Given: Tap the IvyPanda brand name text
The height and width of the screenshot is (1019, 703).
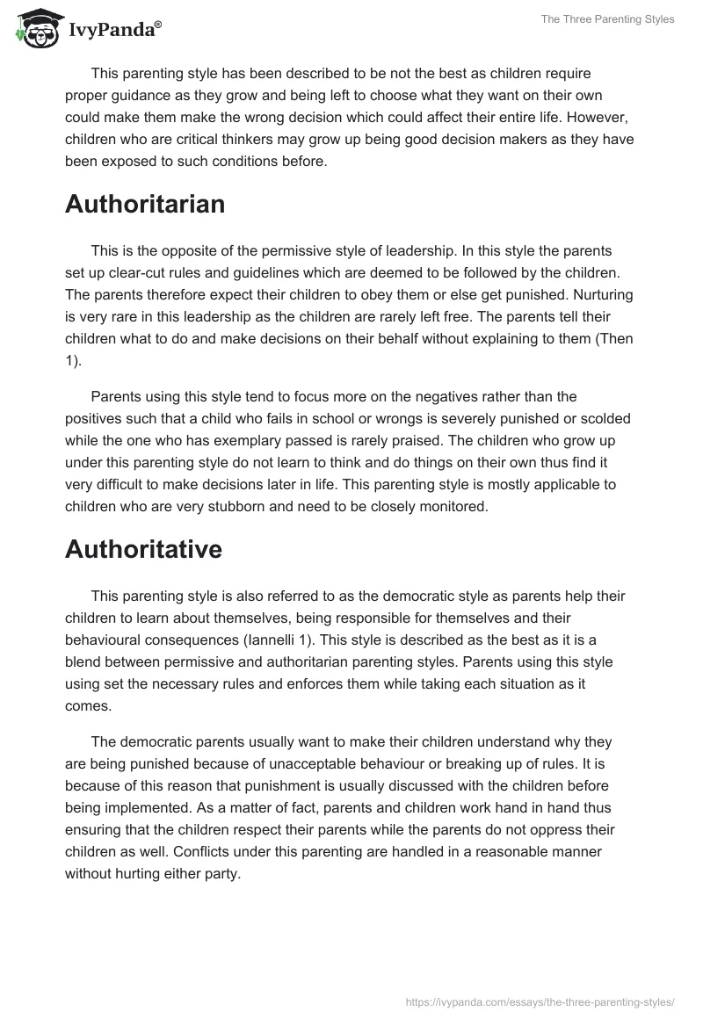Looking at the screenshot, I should pyautogui.click(x=114, y=29).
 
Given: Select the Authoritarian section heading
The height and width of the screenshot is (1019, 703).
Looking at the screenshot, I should pyautogui.click(x=145, y=205).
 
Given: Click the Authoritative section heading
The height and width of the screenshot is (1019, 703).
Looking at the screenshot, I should pyautogui.click(x=143, y=549).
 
